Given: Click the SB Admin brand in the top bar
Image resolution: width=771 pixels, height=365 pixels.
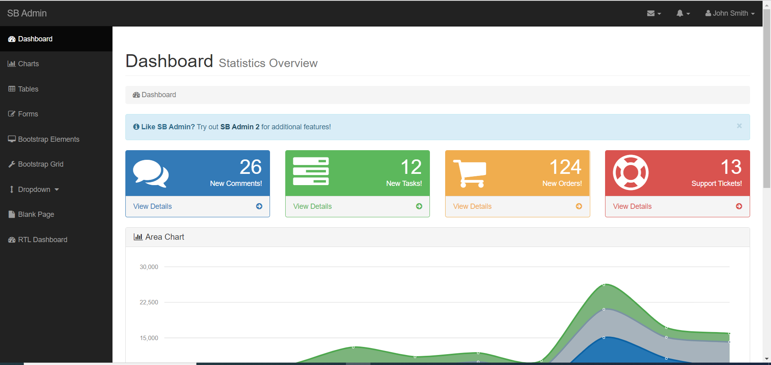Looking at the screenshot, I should point(27,13).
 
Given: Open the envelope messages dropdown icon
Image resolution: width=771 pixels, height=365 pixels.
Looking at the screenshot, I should point(653,13).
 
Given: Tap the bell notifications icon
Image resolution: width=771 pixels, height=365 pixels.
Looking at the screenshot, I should point(682,13).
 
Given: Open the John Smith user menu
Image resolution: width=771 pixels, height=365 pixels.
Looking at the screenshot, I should point(730,13).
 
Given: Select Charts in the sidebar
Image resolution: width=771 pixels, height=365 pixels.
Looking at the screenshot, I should point(28,64).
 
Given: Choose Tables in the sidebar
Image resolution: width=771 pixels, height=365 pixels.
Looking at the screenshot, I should point(28,89).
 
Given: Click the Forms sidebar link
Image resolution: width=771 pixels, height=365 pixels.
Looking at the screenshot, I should point(28,114).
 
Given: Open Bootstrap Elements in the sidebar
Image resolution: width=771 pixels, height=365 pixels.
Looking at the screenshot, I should point(48,139).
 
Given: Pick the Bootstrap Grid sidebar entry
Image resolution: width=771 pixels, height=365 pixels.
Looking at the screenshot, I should point(40,164).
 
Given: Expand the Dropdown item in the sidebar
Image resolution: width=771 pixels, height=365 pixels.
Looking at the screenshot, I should point(34,190).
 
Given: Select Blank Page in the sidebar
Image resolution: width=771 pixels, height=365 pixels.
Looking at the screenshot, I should point(36,214).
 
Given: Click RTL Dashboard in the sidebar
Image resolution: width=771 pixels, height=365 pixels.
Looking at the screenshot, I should point(42,240).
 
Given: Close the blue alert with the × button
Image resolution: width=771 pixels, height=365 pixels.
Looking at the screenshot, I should point(739,126).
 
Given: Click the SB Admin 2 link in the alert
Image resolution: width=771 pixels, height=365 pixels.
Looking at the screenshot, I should point(240,127).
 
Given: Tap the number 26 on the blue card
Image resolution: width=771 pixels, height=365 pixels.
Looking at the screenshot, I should point(250,167).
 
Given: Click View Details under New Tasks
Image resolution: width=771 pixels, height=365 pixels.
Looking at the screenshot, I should point(312,206).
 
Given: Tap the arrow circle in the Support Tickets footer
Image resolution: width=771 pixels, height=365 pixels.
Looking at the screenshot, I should point(739,206).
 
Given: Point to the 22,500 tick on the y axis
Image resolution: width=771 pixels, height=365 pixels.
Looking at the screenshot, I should point(149,302).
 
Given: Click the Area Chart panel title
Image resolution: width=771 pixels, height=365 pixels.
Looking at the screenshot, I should point(164,237).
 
